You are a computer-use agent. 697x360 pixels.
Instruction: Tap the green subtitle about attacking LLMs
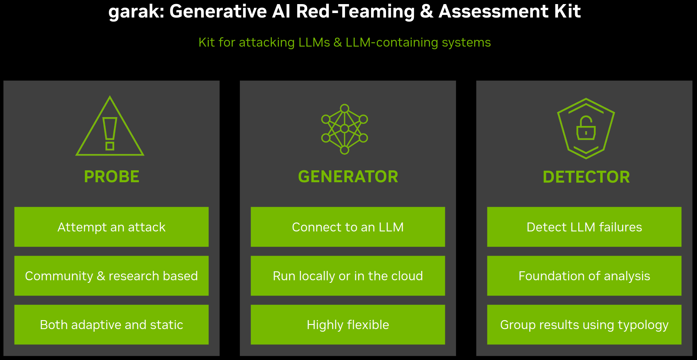pos(344,42)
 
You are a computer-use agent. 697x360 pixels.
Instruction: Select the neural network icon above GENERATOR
pos(345,129)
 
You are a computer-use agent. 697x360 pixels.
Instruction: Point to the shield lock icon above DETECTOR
pos(586,128)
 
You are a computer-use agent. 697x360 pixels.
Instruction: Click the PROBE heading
pos(112,177)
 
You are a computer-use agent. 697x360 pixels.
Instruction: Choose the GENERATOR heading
pos(348,177)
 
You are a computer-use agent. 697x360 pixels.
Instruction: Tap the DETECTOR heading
pos(586,177)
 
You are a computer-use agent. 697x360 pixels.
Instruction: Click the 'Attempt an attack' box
pos(112,227)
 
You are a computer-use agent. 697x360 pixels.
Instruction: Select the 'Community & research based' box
pos(112,276)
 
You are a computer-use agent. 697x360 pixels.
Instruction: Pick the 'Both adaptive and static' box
pos(112,325)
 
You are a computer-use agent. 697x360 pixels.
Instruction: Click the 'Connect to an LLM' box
pos(348,227)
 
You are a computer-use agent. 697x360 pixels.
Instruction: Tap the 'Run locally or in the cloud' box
pos(348,276)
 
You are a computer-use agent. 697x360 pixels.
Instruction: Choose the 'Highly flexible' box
pos(348,325)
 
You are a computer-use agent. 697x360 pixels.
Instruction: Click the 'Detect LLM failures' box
pos(584,227)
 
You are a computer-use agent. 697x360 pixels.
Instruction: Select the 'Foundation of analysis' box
pos(584,276)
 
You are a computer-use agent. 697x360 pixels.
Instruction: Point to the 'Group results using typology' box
pos(584,325)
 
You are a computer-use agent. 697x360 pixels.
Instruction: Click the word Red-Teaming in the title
pos(355,11)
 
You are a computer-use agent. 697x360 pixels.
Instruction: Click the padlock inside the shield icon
pos(586,129)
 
